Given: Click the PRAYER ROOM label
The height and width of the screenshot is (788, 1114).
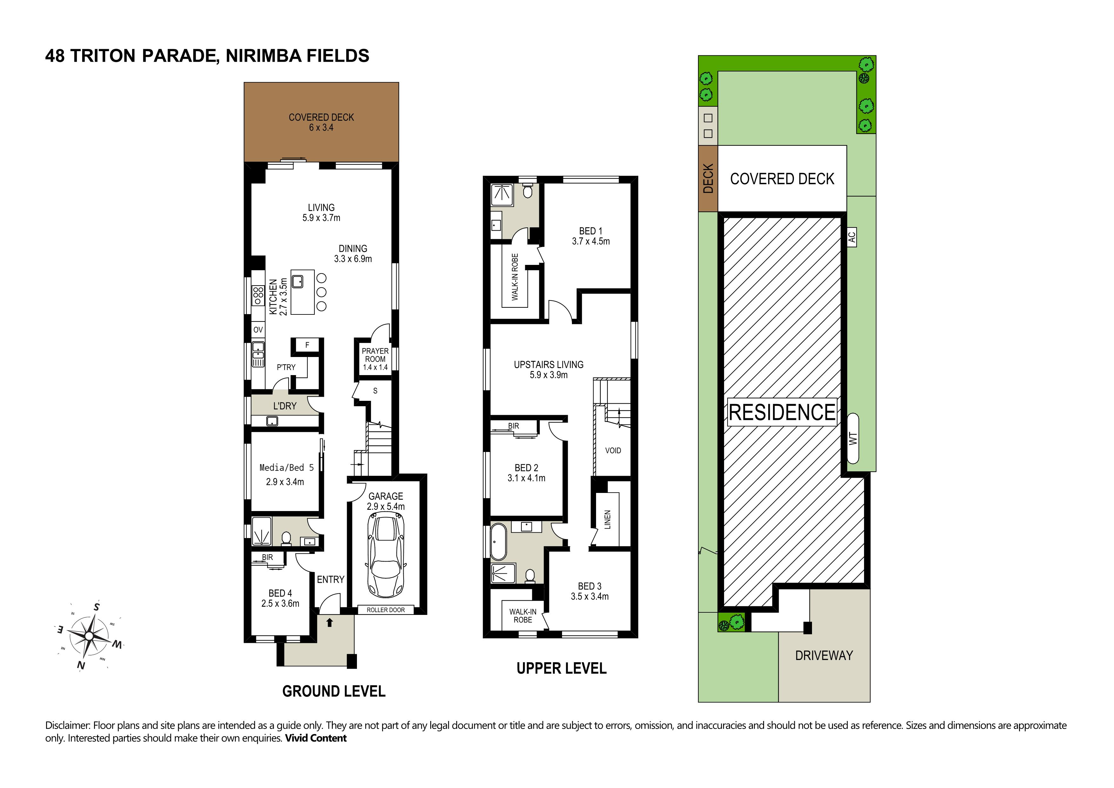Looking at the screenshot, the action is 375,355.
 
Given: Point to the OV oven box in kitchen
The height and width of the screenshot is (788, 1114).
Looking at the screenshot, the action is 258,330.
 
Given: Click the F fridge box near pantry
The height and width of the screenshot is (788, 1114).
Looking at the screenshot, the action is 307,346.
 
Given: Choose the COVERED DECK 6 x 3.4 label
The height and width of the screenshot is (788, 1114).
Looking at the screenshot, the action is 321,122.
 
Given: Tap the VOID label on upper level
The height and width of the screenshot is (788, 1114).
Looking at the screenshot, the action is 613,451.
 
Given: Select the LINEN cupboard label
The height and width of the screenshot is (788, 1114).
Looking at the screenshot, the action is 607,520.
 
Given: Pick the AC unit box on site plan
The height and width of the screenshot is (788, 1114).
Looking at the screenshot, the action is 851,237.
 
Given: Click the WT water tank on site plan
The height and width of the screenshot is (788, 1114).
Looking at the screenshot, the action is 853,438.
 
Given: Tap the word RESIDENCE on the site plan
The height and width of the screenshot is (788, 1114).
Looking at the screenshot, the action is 782,413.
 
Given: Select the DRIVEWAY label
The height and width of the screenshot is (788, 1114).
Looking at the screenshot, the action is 824,656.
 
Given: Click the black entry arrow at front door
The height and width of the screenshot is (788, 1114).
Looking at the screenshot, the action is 330,623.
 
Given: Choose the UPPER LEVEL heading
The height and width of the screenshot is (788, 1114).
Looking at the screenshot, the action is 561,669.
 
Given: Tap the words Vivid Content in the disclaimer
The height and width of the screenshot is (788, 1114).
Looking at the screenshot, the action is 316,738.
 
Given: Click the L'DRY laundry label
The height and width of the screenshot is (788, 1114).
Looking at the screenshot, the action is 285,406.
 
